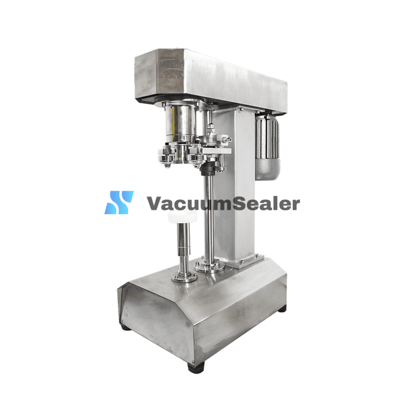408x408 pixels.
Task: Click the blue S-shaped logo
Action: (119, 202)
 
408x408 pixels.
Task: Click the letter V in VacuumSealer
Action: (156, 203)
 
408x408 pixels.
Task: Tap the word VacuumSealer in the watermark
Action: (223, 203)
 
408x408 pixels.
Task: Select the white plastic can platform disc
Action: (182, 217)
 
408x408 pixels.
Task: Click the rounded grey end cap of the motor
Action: (268, 169)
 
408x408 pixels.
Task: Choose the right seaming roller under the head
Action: (196, 158)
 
